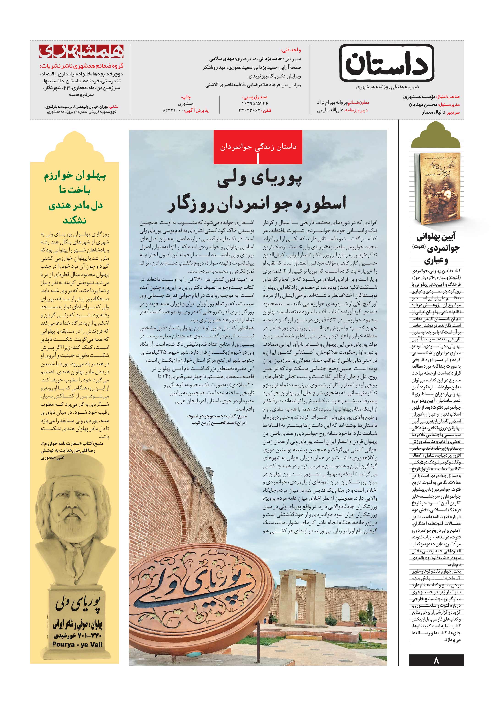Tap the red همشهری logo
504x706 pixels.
click(x=81, y=51)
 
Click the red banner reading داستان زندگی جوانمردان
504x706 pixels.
click(x=258, y=147)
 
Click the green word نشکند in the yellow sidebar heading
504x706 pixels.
click(x=74, y=221)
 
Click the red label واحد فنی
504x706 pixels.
click(x=291, y=50)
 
